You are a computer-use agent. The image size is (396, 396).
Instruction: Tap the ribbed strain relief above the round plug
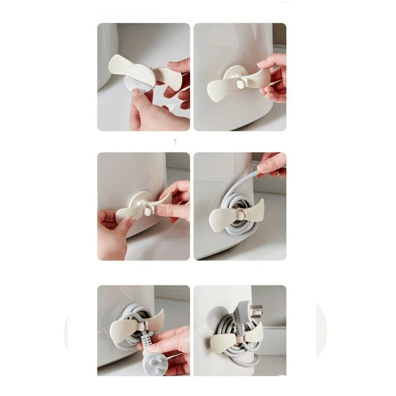pyautogui.click(x=148, y=342)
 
